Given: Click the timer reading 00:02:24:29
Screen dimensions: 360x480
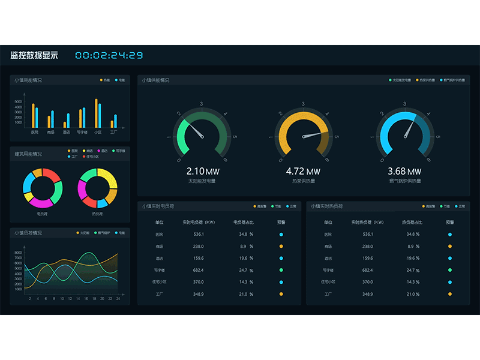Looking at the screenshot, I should [109, 55].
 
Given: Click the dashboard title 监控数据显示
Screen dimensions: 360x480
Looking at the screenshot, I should [34, 55].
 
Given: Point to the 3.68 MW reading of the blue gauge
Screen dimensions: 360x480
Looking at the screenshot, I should [405, 172].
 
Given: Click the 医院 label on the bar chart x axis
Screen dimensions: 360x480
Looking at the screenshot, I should [35, 132].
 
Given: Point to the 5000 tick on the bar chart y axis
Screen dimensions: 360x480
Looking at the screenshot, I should [19, 103].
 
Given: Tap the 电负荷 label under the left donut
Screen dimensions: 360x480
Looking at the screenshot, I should [42, 213].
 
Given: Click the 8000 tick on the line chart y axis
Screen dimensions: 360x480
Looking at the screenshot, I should [18, 253].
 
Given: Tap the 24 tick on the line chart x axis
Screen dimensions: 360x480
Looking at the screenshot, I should [118, 298].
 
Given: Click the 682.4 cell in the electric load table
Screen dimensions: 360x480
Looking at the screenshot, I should [199, 270].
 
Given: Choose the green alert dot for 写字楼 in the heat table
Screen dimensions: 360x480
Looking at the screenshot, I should [449, 270].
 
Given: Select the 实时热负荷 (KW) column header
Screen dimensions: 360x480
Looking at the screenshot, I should [368, 222].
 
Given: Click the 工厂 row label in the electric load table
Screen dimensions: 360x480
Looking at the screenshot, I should [159, 294].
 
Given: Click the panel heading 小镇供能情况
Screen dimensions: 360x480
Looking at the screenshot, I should [155, 80].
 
